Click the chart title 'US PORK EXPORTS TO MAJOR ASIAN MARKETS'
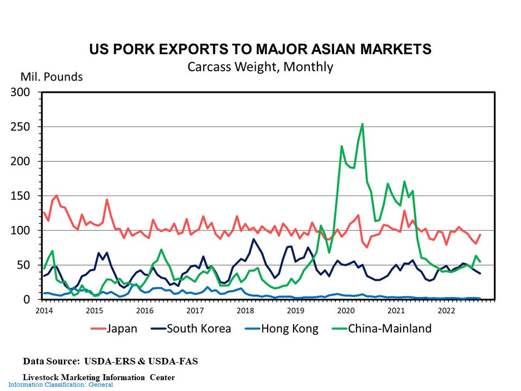(260, 49)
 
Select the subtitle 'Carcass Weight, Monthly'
(260, 67)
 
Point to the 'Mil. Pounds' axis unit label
(52, 77)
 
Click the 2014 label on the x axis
(44, 311)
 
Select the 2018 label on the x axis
(245, 311)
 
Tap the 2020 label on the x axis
(346, 311)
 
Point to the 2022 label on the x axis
(446, 311)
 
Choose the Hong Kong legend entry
(281, 329)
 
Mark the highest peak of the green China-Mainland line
(362, 124)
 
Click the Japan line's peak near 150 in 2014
(56, 195)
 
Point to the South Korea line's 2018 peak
(253, 239)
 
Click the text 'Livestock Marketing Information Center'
(99, 377)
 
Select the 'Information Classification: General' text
(60, 385)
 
